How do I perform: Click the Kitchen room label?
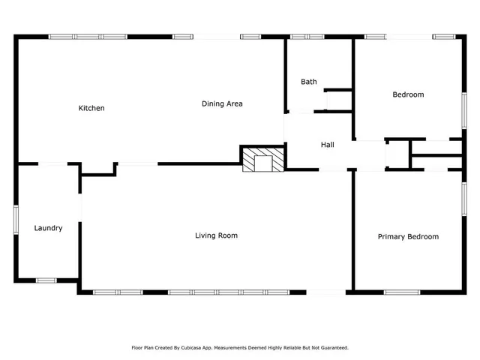click(x=91, y=108)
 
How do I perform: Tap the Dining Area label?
click(x=222, y=103)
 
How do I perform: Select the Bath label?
click(x=309, y=82)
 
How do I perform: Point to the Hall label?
click(x=328, y=145)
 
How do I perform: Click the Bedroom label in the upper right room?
click(x=408, y=94)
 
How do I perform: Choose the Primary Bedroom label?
click(x=408, y=237)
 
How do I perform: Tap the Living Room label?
click(x=216, y=235)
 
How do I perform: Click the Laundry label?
click(x=48, y=228)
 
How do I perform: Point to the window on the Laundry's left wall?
click(x=16, y=222)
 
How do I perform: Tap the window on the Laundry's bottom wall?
click(x=46, y=280)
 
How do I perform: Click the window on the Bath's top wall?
click(x=302, y=36)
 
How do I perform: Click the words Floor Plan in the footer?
click(x=143, y=348)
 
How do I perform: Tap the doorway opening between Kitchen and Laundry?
click(x=52, y=163)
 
